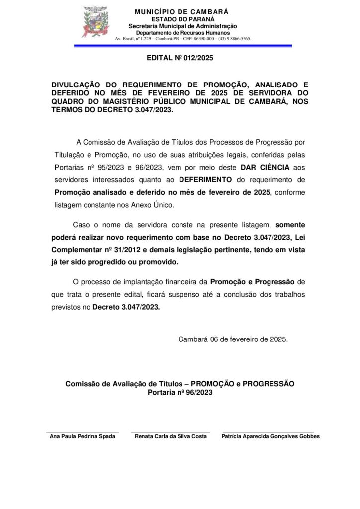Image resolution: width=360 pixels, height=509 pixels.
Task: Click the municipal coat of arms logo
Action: pos(94,22)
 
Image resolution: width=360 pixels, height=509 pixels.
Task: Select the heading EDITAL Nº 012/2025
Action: pos(180,58)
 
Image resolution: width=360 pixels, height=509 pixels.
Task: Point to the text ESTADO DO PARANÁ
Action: pos(182,19)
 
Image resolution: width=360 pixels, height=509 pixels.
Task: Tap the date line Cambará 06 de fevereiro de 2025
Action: pos(233,339)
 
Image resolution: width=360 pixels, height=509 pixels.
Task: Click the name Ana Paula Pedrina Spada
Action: pos(83,436)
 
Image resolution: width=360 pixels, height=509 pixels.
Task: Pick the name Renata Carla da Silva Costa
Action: pos(171,436)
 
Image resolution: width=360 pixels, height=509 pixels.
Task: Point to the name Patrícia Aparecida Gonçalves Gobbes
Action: pos(270,436)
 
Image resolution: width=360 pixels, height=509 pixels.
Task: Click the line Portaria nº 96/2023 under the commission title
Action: pos(180,392)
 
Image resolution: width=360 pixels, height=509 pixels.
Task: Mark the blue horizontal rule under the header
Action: pos(182,46)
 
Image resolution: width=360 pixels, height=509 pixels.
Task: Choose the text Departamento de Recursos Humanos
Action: pos(182,32)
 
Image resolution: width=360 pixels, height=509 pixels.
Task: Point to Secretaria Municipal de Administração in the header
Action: pos(182,26)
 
